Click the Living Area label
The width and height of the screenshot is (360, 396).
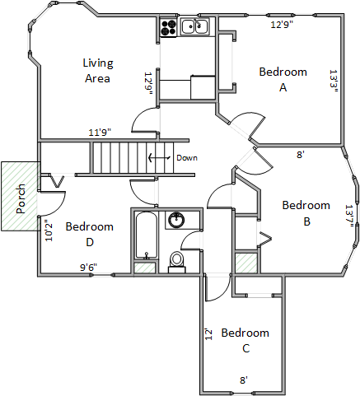[98, 71]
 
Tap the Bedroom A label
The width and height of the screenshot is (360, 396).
[283, 80]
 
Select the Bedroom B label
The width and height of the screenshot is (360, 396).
[306, 213]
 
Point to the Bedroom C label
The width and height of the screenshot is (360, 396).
[245, 341]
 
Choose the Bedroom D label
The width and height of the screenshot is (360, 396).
[90, 235]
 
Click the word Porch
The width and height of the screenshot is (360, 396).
[21, 198]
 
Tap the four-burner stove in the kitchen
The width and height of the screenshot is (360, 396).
[168, 27]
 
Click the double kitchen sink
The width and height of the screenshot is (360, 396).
[194, 26]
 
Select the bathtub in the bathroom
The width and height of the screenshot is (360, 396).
[147, 235]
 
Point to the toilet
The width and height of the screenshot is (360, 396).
[176, 262]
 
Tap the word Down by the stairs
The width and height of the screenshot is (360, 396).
[187, 158]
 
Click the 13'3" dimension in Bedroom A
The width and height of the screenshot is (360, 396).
[333, 82]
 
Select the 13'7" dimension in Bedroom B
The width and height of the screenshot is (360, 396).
[348, 216]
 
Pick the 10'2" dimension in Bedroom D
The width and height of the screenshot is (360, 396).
[49, 231]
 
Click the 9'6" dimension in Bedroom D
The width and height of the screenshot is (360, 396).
[88, 267]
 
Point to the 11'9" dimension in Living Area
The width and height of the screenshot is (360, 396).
[100, 133]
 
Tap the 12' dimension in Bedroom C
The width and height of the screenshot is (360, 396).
[209, 334]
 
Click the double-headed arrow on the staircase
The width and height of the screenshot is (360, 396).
[159, 158]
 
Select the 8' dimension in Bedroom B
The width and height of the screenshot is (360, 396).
[301, 155]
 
